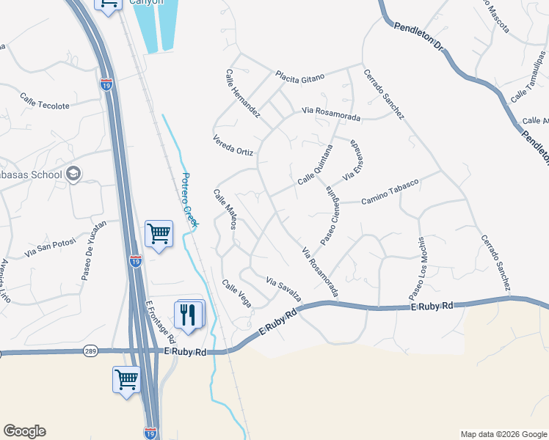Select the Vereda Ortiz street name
click(x=233, y=146)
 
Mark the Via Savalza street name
click(x=284, y=289)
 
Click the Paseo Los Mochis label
click(x=416, y=268)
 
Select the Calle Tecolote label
click(x=45, y=101)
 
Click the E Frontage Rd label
click(x=161, y=321)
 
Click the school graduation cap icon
click(x=73, y=174)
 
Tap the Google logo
click(x=24, y=431)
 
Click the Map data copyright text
click(x=503, y=434)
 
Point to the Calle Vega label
click(x=236, y=294)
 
